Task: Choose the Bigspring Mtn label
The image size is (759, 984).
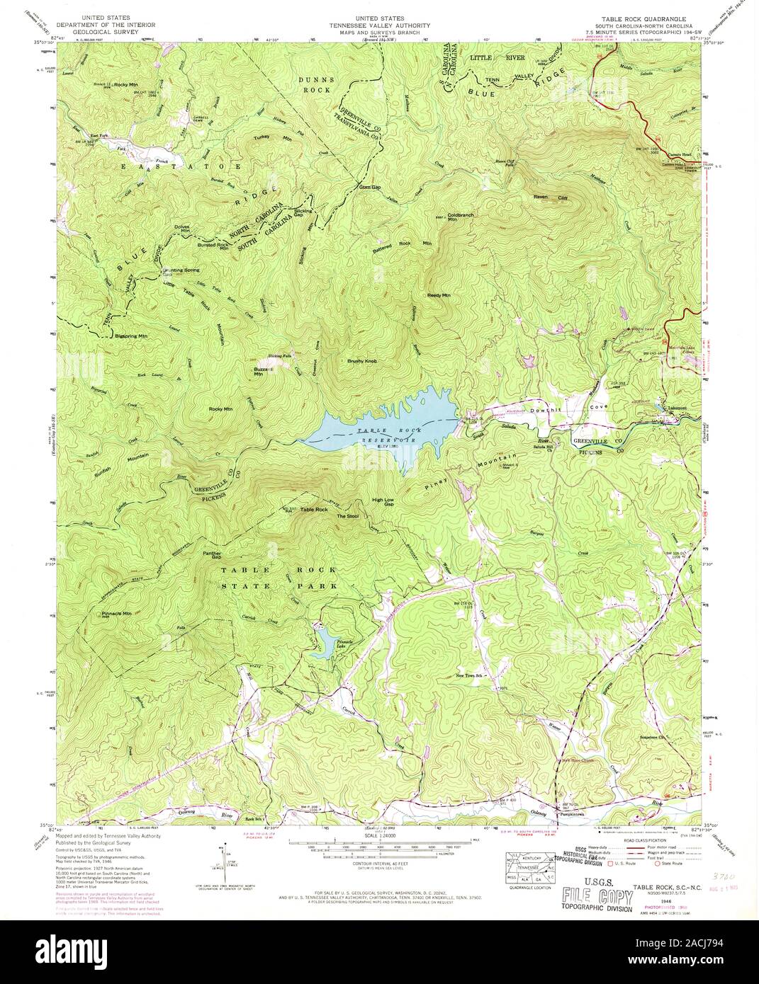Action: [x=131, y=336]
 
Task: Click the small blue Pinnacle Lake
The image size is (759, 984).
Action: [x=327, y=642]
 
